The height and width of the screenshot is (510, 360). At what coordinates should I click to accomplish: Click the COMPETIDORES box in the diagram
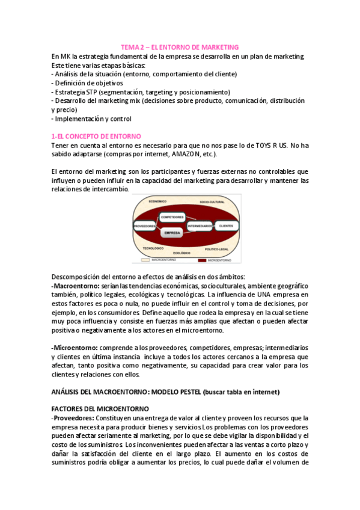pyautogui.click(x=171, y=217)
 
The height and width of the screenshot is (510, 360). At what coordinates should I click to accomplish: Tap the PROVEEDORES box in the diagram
pyautogui.click(x=144, y=227)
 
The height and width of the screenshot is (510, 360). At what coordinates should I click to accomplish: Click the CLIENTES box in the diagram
pyautogui.click(x=225, y=226)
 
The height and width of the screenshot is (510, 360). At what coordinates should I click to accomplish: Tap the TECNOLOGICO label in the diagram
pyautogui.click(x=154, y=248)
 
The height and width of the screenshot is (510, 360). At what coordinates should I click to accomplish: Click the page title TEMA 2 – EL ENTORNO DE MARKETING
pyautogui.click(x=180, y=47)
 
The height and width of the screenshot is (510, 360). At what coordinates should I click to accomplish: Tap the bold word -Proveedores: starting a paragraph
pyautogui.click(x=73, y=417)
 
